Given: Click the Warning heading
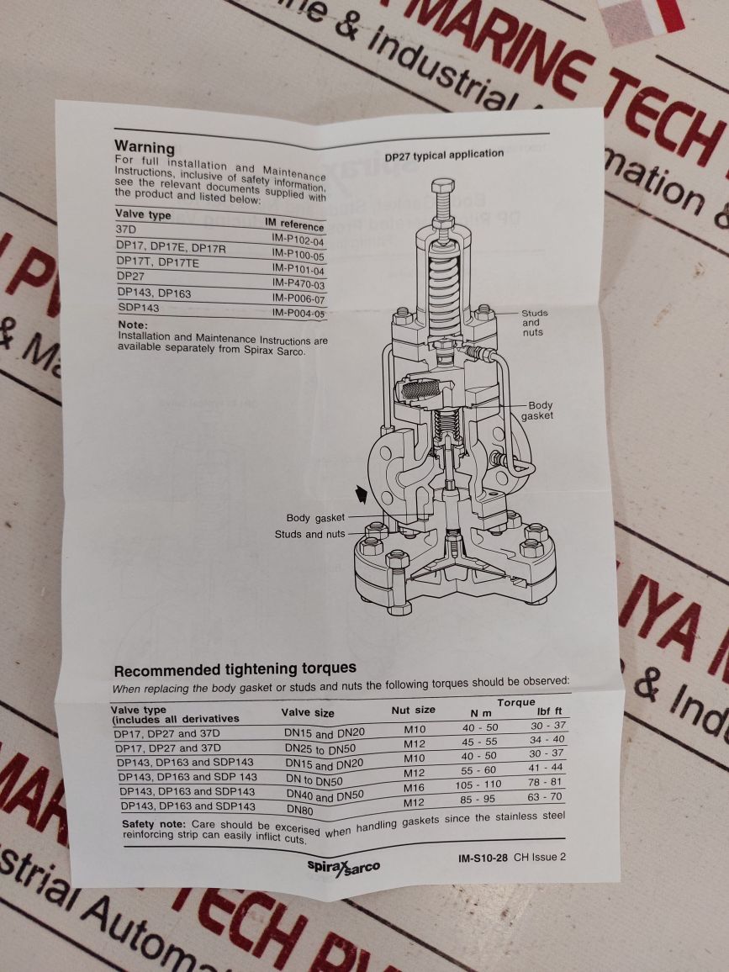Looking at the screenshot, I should click(x=144, y=147).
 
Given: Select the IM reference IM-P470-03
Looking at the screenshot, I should click(x=298, y=284).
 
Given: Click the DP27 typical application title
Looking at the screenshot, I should click(x=444, y=156).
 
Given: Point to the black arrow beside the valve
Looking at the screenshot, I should click(x=362, y=496).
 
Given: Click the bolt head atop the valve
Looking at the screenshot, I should click(x=442, y=186).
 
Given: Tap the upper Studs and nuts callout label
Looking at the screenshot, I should click(x=532, y=323).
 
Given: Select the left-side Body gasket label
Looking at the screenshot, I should click(x=309, y=518).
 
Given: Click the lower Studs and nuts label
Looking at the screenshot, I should click(x=309, y=534).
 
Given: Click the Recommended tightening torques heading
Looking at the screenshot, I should click(x=235, y=670).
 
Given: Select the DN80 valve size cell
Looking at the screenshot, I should click(x=300, y=809).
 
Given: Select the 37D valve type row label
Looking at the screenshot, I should click(x=126, y=229).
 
